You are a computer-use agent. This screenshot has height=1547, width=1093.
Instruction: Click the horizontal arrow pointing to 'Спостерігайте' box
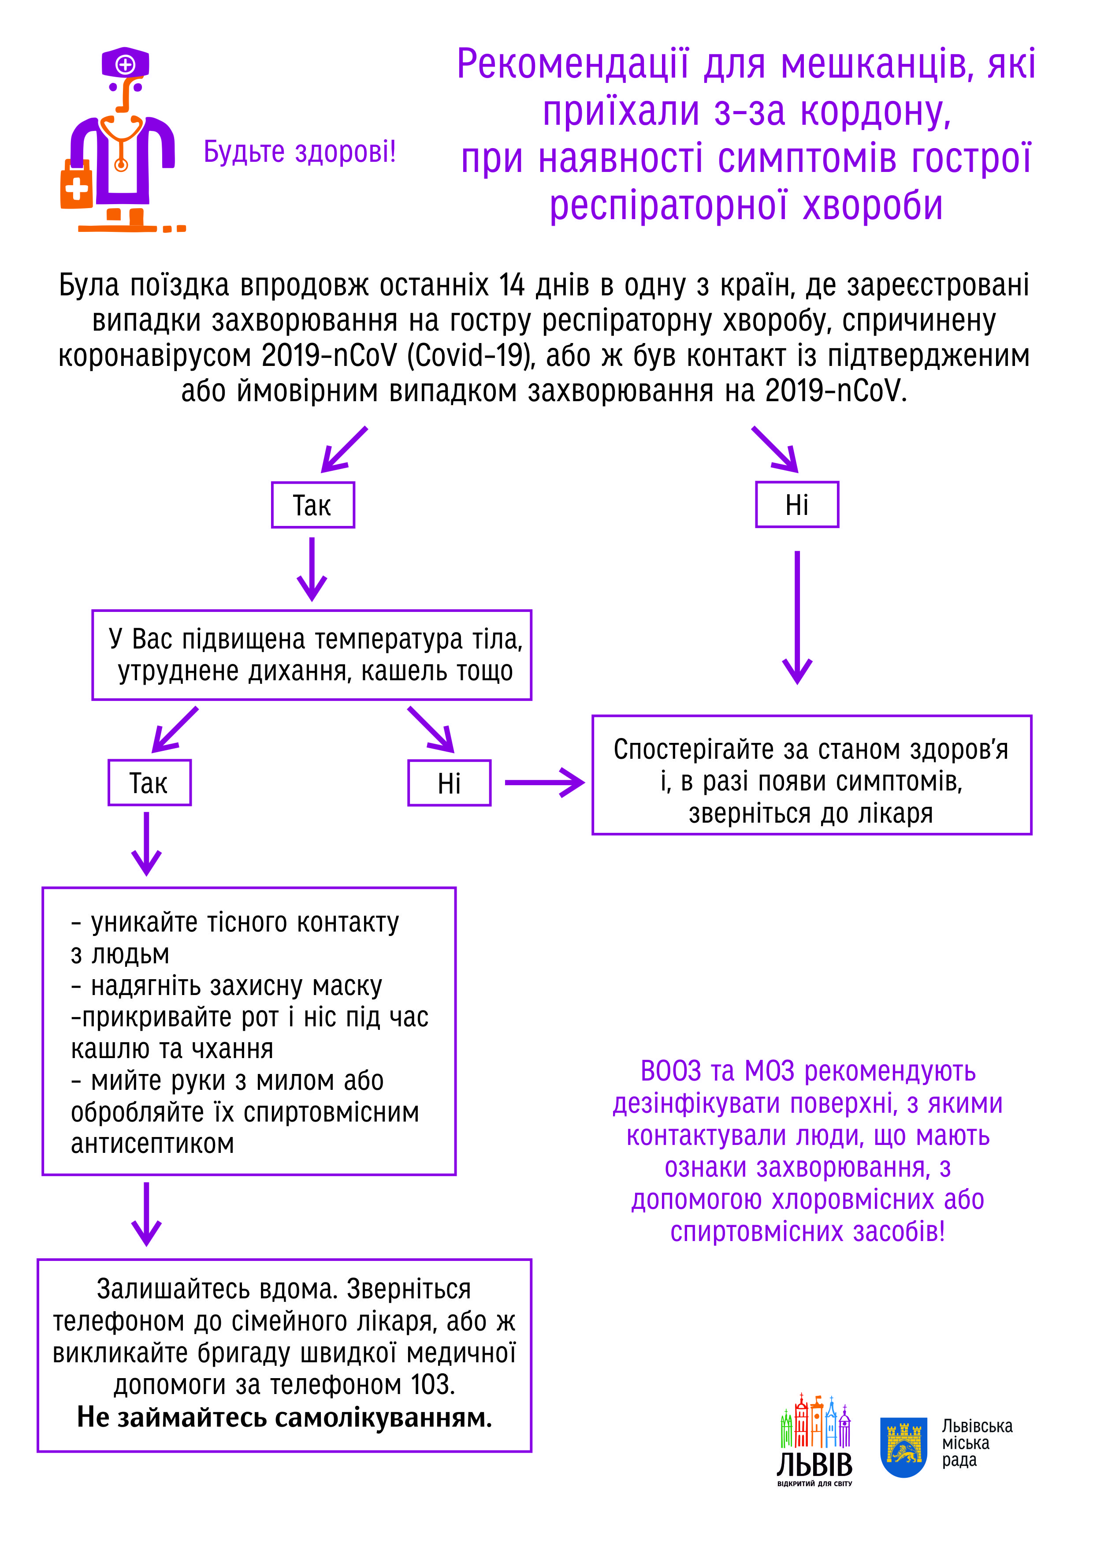click(545, 782)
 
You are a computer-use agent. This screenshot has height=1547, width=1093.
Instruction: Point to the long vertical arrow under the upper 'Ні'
click(797, 617)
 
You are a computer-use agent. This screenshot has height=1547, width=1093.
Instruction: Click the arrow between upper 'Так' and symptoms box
click(312, 569)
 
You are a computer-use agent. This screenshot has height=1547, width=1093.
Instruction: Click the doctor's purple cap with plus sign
click(125, 62)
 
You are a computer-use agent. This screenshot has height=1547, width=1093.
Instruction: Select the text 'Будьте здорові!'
click(300, 152)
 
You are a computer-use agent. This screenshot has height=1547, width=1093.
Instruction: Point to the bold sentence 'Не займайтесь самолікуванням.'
click(284, 1417)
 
